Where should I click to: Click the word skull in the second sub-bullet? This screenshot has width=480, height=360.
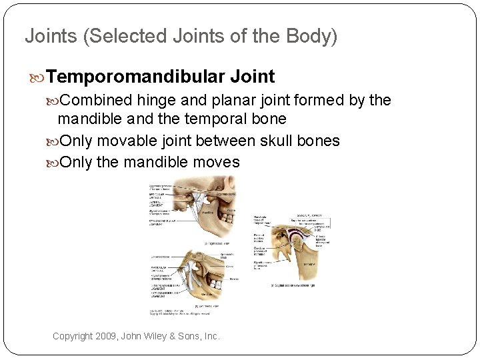pos(289,141)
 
